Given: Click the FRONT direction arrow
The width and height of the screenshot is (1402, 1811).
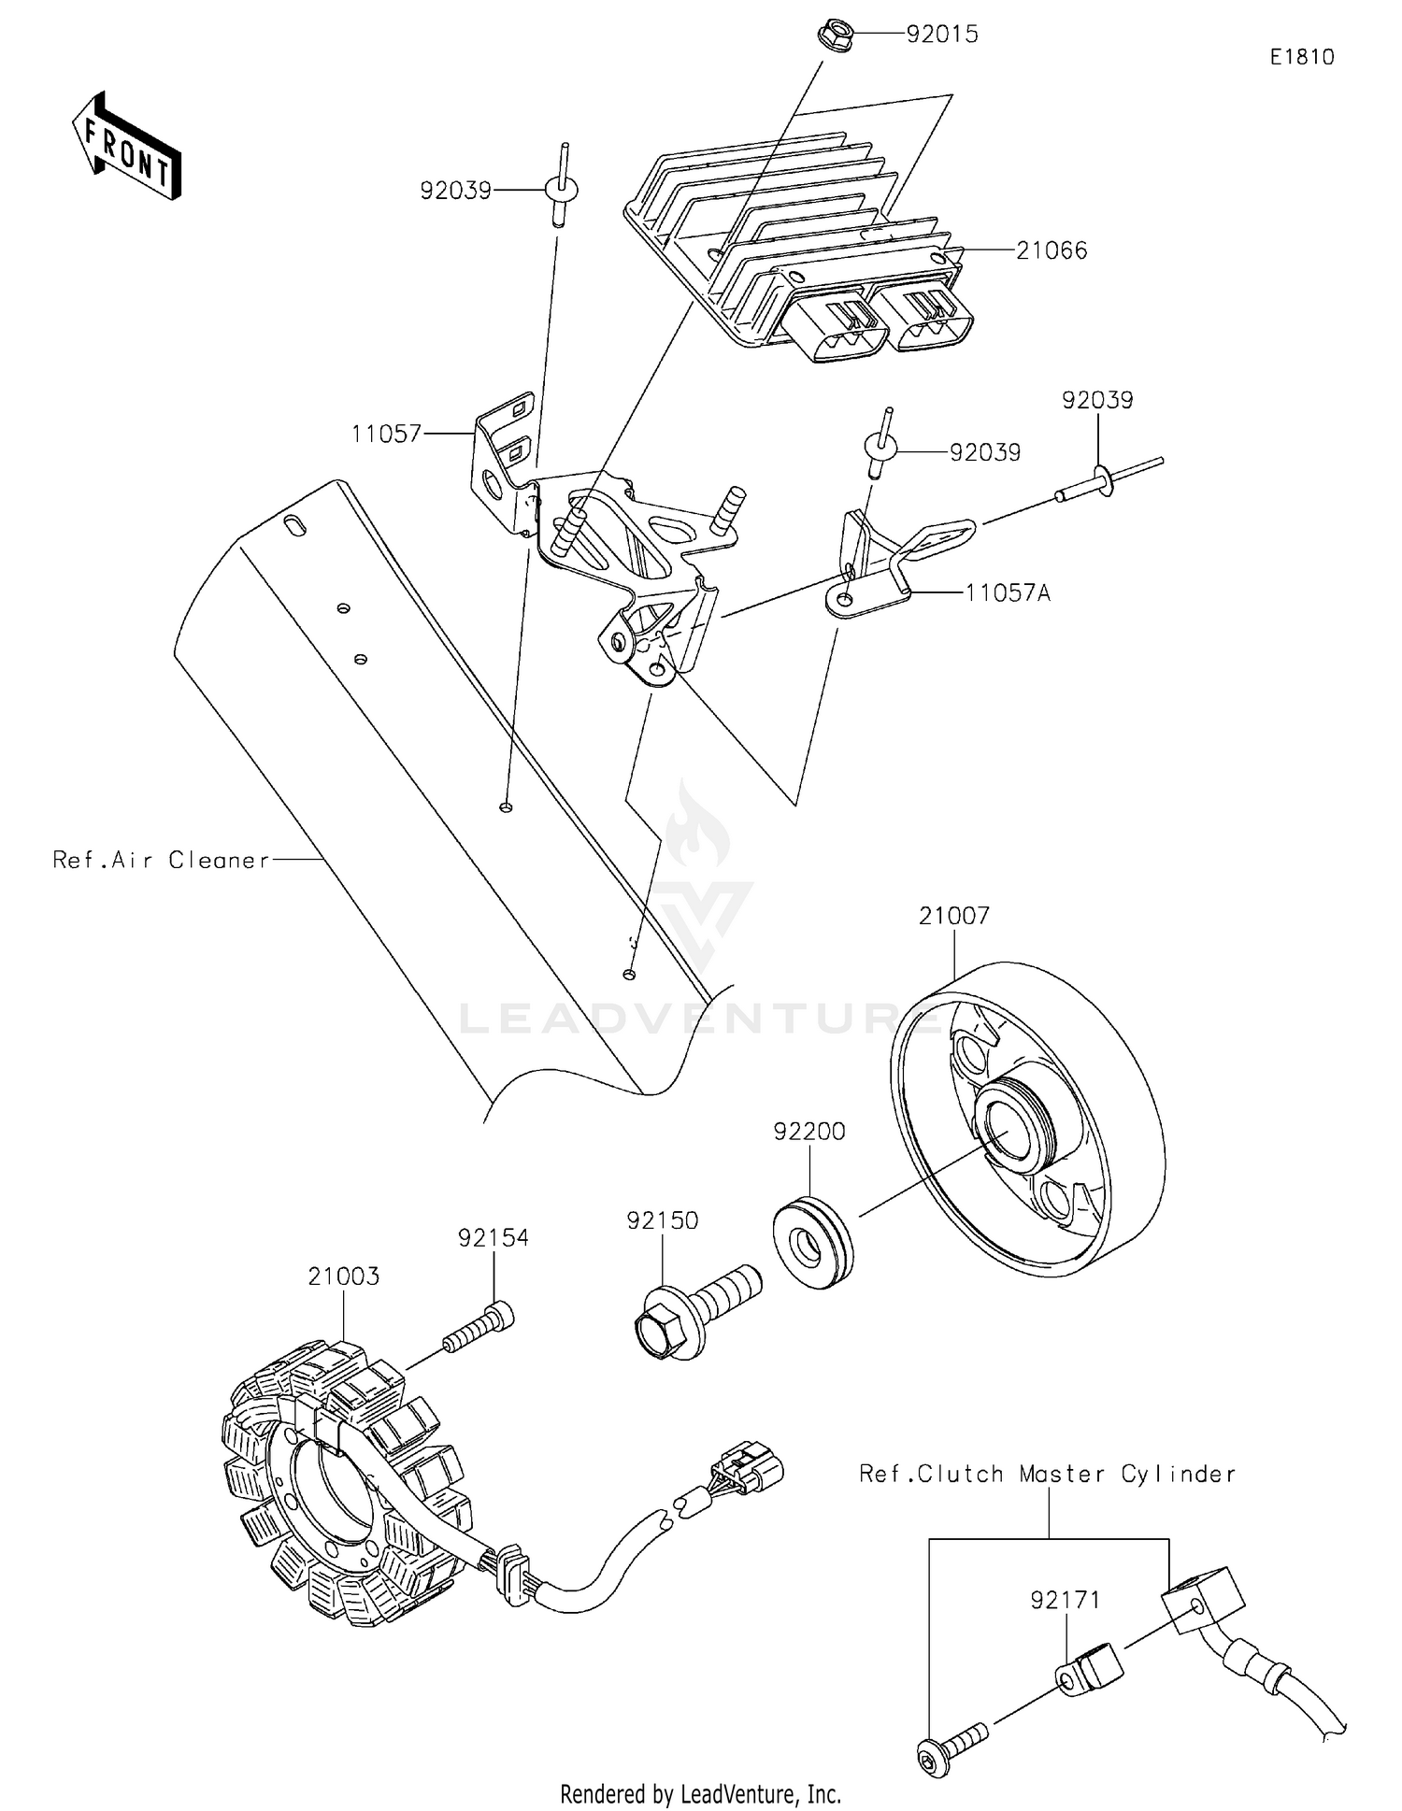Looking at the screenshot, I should [x=127, y=147].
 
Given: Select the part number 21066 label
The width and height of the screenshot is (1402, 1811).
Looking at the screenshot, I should [x=1051, y=250].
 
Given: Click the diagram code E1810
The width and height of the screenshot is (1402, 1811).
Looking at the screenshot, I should [x=1301, y=57].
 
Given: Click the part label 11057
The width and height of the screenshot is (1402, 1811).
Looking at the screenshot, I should [x=386, y=434].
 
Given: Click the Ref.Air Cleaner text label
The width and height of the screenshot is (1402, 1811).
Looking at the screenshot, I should [x=161, y=861].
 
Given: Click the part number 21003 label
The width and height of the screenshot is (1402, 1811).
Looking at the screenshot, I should [x=344, y=1276].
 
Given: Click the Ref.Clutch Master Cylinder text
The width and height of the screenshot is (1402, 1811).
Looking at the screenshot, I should [x=1047, y=1474].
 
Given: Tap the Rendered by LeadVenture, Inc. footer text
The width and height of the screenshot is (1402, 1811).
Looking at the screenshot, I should [x=700, y=1794].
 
